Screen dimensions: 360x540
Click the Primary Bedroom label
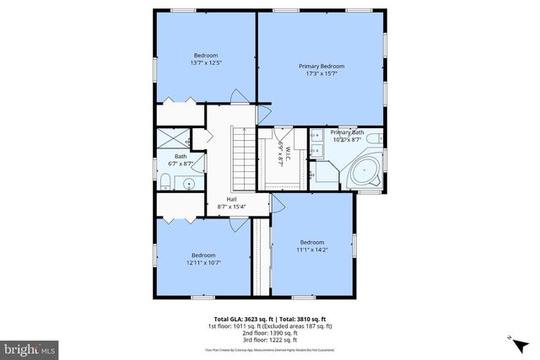point(321,66)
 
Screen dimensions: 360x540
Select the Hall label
point(231,199)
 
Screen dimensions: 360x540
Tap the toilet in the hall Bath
point(166,183)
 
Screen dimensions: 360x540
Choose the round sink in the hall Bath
point(190,182)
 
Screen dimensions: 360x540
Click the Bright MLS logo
point(30,347)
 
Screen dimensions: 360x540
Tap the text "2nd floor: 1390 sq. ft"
point(270,332)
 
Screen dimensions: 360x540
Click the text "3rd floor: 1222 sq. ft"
point(270,339)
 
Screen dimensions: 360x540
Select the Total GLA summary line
point(270,319)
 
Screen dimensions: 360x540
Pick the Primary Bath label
point(347,132)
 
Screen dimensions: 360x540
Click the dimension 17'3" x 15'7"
point(321,73)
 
